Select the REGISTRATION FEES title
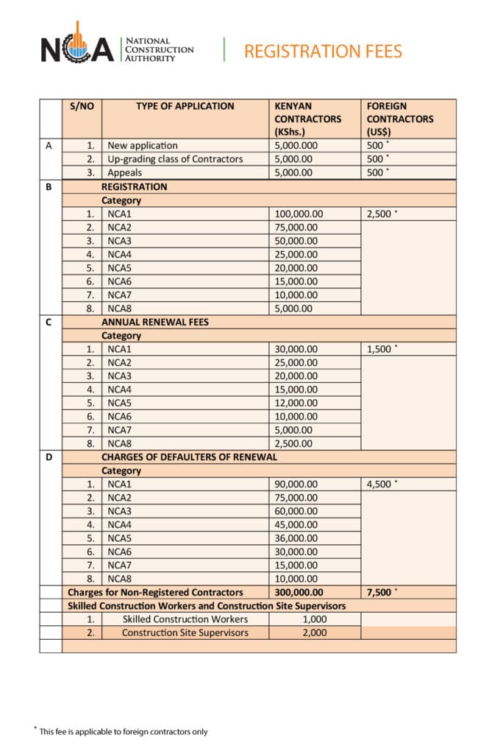point(323,51)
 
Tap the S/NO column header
point(82,106)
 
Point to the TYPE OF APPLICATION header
point(185,106)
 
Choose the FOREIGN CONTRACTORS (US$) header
point(400,119)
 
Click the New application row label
point(142,146)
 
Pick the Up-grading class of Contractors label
point(174,159)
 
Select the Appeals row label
point(124,172)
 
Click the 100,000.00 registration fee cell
point(299,214)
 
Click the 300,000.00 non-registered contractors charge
point(299,592)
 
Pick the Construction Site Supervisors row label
point(185,633)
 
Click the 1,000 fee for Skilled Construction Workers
point(314,619)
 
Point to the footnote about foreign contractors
point(121,731)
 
